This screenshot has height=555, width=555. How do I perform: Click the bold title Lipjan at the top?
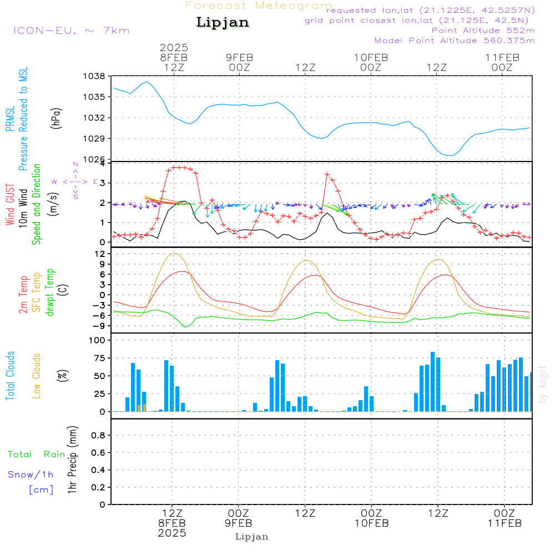point(223,23)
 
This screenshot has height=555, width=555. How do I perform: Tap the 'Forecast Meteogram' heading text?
point(259,6)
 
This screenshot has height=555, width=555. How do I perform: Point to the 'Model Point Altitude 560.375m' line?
point(455,41)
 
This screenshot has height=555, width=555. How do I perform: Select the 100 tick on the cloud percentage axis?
point(98,340)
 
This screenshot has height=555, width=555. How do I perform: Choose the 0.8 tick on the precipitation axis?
point(98,436)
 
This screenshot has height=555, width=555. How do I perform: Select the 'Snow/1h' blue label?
point(31,475)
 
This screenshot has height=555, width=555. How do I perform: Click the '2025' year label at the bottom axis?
point(172,533)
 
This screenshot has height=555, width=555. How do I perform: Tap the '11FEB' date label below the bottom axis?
point(504,523)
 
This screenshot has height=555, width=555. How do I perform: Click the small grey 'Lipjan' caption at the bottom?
point(252,537)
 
